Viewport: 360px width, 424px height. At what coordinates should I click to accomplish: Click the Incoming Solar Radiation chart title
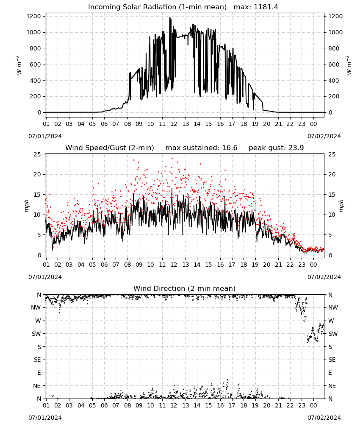pyautogui.click(x=157, y=7)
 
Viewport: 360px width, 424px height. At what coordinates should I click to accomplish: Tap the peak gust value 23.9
pyautogui.click(x=296, y=148)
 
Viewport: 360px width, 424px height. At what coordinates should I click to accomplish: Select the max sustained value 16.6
pyautogui.click(x=230, y=148)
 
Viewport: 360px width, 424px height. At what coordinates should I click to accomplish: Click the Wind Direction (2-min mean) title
pyautogui.click(x=185, y=288)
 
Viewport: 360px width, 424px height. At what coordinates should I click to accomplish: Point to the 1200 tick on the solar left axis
pyautogui.click(x=33, y=16)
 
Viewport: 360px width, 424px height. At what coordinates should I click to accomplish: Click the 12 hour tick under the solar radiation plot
pyautogui.click(x=174, y=124)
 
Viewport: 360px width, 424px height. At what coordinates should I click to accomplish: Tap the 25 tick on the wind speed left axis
pyautogui.click(x=37, y=154)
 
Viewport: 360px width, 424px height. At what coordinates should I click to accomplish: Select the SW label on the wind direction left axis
pyautogui.click(x=36, y=334)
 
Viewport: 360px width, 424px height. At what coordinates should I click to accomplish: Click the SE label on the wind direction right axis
pyautogui.click(x=332, y=360)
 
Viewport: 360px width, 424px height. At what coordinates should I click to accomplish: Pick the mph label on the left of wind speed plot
pyautogui.click(x=26, y=206)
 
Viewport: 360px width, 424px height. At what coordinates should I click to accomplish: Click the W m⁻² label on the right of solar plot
pyautogui.click(x=349, y=65)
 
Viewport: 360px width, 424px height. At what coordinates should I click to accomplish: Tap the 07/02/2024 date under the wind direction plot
pyautogui.click(x=324, y=418)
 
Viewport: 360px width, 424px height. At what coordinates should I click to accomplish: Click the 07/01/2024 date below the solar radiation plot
pyautogui.click(x=45, y=136)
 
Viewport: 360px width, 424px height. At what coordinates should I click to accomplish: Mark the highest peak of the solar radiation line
pyautogui.click(x=170, y=17)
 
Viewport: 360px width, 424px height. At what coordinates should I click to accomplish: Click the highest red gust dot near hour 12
pyautogui.click(x=172, y=159)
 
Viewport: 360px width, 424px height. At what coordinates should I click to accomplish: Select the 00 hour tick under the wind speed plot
pyautogui.click(x=313, y=265)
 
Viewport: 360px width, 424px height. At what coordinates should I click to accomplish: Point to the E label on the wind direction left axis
pyautogui.click(x=39, y=373)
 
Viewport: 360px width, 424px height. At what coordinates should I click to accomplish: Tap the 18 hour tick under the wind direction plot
pyautogui.click(x=244, y=405)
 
